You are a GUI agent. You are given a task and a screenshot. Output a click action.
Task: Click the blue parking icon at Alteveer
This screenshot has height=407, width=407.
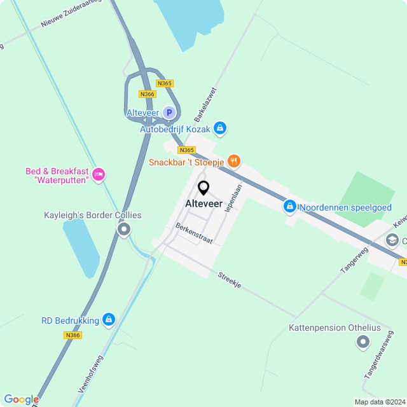click(169, 113)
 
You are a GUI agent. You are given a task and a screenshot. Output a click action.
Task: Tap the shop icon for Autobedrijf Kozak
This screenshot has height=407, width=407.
click(220, 129)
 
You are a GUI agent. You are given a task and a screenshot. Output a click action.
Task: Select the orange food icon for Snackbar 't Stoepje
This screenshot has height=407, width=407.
click(234, 162)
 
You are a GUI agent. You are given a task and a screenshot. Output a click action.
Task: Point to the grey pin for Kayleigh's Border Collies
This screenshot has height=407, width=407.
click(124, 229)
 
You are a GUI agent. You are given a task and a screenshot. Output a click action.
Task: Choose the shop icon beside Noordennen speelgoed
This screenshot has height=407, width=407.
click(289, 207)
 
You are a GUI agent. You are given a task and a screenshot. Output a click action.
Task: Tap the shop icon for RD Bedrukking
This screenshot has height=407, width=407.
click(109, 319)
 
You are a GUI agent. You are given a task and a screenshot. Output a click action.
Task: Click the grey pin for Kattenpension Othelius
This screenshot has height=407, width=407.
click(363, 343)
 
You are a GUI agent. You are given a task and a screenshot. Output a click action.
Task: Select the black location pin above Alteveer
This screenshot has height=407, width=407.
click(203, 188)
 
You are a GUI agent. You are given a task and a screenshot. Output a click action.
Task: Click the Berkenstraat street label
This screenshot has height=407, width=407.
click(195, 234)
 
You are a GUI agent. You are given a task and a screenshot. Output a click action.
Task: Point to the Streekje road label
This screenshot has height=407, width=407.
click(229, 280)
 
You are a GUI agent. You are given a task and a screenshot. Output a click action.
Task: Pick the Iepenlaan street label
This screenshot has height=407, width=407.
click(233, 198)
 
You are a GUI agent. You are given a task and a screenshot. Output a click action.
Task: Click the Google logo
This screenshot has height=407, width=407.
click(21, 399)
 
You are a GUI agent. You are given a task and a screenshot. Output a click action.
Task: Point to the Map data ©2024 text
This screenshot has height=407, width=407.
click(379, 402)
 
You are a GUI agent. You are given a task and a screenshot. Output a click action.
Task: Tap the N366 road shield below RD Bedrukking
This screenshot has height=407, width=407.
click(73, 335)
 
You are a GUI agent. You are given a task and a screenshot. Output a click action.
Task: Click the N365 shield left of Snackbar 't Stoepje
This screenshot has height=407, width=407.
click(186, 150)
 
